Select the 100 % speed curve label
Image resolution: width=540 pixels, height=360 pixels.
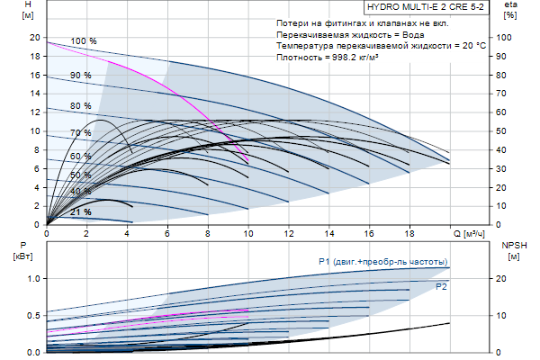[84, 41]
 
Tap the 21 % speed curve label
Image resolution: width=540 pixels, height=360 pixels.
[81, 211]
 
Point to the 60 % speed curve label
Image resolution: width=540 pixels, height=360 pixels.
[81, 157]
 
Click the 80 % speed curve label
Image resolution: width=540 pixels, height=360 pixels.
[81, 106]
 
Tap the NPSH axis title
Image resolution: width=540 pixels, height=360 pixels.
[510, 245]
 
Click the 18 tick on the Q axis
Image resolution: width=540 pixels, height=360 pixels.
[410, 234]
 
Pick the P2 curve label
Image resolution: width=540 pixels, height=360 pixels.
[441, 287]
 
